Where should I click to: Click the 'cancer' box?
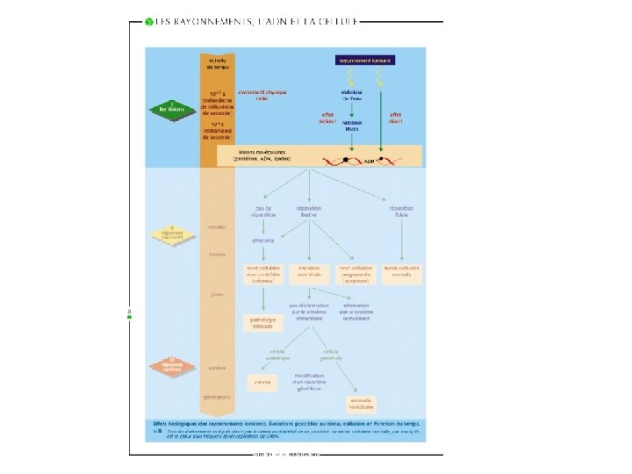(262, 382)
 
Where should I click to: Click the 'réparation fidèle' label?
(403, 212)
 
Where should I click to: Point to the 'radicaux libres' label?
(352, 126)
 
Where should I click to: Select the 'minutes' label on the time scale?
(217, 226)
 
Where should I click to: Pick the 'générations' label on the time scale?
(217, 397)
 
